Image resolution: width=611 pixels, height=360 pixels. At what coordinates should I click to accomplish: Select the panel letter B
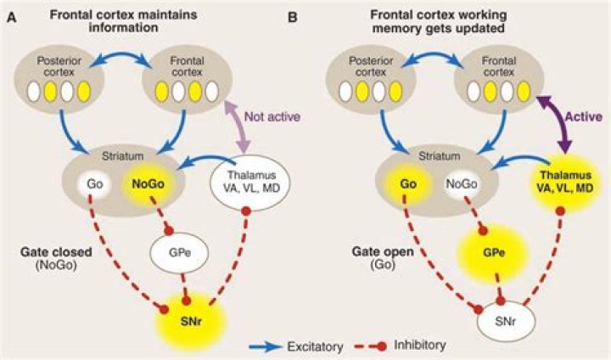[317, 15]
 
